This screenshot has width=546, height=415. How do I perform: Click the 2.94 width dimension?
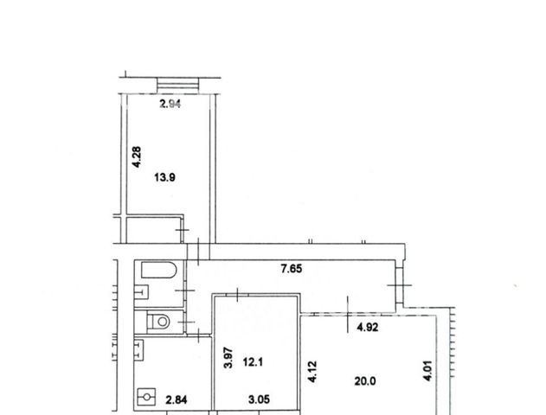tap(170, 104)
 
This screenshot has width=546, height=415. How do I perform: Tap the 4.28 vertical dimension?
tap(137, 156)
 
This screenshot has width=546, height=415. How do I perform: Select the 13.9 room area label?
tap(164, 178)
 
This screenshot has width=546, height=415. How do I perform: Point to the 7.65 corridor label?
tap(292, 269)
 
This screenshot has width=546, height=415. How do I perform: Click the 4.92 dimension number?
tap(368, 328)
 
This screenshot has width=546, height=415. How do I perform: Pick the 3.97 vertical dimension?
tap(228, 358)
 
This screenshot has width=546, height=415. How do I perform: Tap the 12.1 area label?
tap(253, 362)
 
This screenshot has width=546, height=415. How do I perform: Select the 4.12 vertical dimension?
tap(312, 372)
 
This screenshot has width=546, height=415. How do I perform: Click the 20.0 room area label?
tap(365, 381)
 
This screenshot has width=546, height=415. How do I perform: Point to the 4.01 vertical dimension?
tap(428, 370)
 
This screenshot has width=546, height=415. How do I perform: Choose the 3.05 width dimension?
tap(259, 399)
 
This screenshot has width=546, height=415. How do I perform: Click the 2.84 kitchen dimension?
tap(177, 400)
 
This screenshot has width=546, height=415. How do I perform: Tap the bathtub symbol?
tap(159, 270)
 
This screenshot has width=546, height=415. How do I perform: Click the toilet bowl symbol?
tap(158, 322)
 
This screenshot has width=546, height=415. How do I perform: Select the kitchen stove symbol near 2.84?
tap(146, 397)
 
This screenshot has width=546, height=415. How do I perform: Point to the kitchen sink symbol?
tap(139, 350)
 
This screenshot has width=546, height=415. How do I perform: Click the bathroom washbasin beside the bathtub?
tap(142, 292)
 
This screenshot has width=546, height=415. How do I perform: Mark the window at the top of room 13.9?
tap(178, 86)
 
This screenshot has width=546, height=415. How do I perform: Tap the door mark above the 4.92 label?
tap(348, 315)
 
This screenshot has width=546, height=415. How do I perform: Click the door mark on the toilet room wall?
tap(186, 322)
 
